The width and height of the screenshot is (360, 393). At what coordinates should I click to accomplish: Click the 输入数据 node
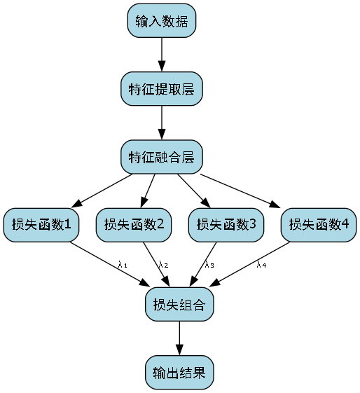coord(162,21)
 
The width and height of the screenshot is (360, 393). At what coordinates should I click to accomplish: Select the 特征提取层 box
coord(162,88)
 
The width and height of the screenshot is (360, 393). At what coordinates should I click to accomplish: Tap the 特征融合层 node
coord(162,156)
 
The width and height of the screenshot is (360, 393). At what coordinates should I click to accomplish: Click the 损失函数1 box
coord(41,225)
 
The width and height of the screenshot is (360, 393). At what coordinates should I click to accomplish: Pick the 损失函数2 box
coord(134,225)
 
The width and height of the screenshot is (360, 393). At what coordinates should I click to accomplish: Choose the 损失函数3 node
coord(226,225)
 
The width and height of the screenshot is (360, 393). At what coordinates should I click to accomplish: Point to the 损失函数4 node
coord(319,225)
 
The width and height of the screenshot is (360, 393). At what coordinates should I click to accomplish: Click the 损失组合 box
coord(179,305)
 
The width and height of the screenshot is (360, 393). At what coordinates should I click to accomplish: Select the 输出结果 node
coord(179,372)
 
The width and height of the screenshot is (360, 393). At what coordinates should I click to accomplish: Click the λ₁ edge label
coord(123,265)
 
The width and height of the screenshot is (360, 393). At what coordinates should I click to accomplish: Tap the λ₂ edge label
coord(163,265)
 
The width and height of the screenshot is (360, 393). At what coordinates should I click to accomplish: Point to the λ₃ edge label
coord(209,265)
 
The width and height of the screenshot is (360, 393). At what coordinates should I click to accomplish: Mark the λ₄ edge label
coord(261,265)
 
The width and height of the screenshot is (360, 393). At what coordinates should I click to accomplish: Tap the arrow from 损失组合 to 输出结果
coord(179,338)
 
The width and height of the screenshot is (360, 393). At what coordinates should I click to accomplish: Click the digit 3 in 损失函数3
coord(252,225)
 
